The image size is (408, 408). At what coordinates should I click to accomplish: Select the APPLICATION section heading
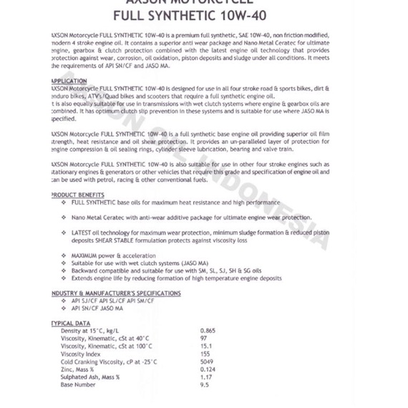coord(69,82)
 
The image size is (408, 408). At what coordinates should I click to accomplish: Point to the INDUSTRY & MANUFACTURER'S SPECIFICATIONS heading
coord(116,293)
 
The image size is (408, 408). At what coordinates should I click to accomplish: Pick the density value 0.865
coord(208,331)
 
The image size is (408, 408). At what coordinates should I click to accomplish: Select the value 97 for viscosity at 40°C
coord(204,338)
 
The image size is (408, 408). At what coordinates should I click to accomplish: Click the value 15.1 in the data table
coord(205,346)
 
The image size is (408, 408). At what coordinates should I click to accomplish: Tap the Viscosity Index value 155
coord(205,354)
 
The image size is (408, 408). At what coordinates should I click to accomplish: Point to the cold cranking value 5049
coord(207,361)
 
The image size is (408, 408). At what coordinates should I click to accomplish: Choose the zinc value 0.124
coord(208,369)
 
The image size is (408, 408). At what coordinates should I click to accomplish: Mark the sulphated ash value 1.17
coord(206,377)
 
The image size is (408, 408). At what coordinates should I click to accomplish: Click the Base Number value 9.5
coord(205,385)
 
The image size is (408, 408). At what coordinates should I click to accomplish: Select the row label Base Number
coord(79,385)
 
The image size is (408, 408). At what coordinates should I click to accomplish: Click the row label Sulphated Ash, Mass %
coord(90,377)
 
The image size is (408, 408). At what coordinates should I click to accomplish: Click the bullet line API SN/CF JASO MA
coord(97,309)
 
